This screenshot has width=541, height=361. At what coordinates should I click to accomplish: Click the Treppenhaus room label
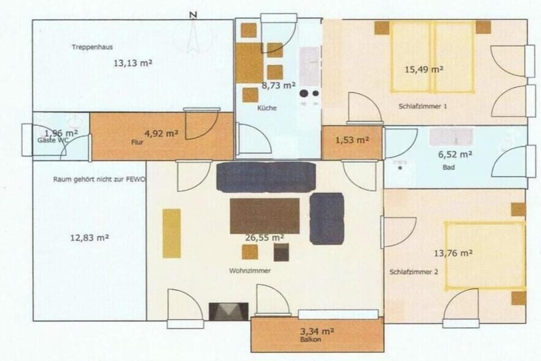92,47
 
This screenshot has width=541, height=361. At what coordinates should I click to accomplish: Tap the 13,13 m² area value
133,63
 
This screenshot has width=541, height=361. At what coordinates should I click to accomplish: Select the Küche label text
267,108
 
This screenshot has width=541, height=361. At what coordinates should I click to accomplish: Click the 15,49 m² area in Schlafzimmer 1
424,70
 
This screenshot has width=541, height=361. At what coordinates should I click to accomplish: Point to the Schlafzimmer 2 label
414,272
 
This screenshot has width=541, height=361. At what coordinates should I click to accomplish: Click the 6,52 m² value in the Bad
455,155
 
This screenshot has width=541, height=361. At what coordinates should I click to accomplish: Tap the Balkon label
311,340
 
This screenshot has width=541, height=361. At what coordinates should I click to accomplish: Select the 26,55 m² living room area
265,238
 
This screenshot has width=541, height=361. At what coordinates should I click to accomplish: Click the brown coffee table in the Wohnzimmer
265,216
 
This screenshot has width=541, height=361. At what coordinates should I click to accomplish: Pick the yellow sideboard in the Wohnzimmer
172,233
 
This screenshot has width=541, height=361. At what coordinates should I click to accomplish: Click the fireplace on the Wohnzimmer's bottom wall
228,311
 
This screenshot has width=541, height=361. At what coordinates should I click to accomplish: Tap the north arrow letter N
193,15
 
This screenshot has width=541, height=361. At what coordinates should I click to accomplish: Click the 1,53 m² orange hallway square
352,142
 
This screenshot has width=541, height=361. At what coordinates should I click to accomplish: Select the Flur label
137,142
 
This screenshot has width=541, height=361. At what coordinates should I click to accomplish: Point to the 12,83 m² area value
90,238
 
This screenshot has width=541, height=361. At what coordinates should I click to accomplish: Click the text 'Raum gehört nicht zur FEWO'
99,180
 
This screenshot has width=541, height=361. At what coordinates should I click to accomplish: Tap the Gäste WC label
53,140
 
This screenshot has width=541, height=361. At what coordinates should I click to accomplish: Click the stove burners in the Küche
309,93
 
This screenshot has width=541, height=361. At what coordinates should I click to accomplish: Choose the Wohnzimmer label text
250,271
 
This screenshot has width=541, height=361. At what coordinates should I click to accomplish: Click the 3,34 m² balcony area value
317,332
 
